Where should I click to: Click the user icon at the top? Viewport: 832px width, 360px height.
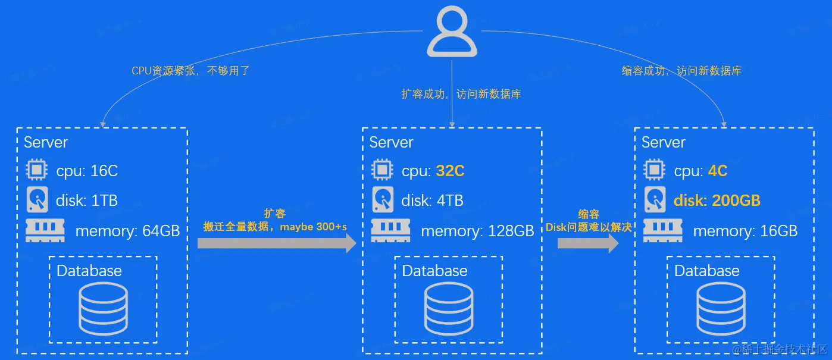click(452, 33)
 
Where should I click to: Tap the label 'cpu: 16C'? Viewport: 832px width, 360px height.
click(87, 171)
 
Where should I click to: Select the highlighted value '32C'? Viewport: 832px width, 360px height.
click(450, 171)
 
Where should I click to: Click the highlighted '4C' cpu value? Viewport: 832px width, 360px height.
click(718, 171)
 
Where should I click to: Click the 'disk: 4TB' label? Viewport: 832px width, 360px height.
click(432, 201)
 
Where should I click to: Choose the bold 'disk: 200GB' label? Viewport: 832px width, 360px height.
click(717, 201)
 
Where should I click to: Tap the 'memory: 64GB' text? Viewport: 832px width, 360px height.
click(127, 231)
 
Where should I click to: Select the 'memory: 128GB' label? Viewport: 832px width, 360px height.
click(477, 231)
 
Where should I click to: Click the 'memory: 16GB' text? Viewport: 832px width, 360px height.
click(745, 231)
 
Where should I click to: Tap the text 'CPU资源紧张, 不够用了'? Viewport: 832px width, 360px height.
click(190, 71)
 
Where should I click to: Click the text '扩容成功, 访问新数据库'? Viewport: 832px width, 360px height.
click(461, 94)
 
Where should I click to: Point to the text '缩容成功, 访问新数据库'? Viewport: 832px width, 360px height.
click(681, 71)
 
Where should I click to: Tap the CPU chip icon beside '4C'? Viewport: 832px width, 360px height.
click(655, 171)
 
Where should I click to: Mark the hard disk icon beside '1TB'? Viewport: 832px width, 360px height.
click(36, 200)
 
